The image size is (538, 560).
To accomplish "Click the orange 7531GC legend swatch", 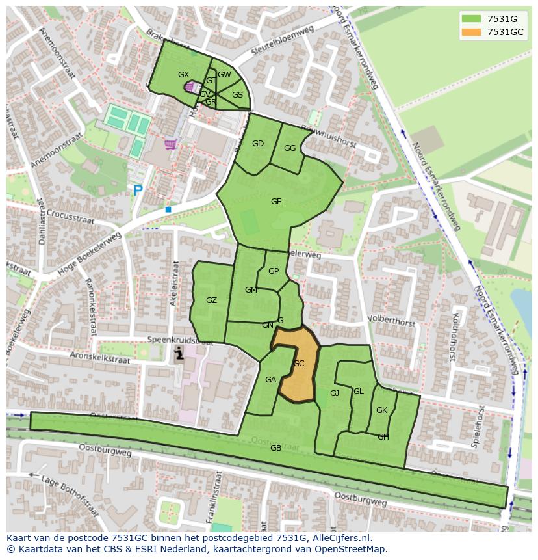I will coord(472,32).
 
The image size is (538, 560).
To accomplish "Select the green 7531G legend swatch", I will coord(472,19).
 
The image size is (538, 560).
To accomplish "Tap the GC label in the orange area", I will coord(298,364).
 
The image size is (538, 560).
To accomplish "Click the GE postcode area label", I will coord(276,202).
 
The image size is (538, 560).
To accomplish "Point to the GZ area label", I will coord(211,300).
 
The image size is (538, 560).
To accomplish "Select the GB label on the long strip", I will coord(275,448).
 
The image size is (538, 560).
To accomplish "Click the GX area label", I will coord(183,75).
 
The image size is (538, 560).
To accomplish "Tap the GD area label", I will coord(258,144).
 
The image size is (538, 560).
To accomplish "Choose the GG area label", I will coord(290,148).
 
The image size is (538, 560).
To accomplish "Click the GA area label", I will coord(270,380).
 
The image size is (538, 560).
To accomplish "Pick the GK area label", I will coord(381,410).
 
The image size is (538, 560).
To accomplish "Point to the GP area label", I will coord(274,271).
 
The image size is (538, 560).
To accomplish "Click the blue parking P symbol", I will coord(138,191).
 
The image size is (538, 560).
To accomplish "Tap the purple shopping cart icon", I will coord(170,144).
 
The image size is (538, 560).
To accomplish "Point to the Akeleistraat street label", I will coord(174,284).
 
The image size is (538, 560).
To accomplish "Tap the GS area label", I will coord(237,95).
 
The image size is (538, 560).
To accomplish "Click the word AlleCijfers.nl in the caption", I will coord(341,538).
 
